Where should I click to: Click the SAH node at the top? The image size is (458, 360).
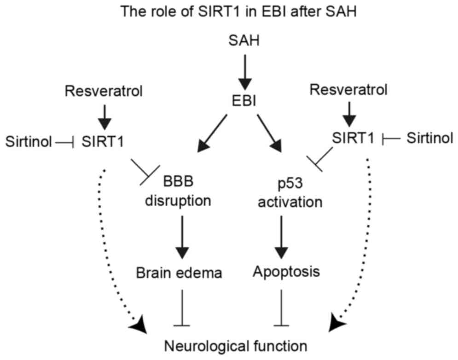click(x=244, y=42)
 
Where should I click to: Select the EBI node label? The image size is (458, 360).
click(x=244, y=99)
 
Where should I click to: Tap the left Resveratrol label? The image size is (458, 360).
click(x=104, y=92)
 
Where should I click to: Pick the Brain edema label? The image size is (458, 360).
click(x=180, y=273)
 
